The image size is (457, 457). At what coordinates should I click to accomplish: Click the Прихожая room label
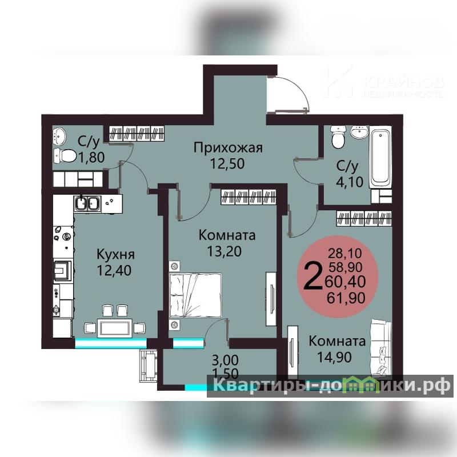click(x=228, y=148)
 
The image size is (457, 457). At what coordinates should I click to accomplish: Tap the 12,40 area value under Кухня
click(x=114, y=270)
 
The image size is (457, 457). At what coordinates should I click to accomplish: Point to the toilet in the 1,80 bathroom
click(x=65, y=155)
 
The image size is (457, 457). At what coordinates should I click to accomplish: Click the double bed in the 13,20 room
click(x=195, y=295)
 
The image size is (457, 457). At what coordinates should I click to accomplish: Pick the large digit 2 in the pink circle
click(x=313, y=275)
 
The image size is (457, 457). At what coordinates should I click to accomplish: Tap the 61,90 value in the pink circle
click(x=346, y=298)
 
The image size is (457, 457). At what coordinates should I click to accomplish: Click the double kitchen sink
click(x=87, y=203)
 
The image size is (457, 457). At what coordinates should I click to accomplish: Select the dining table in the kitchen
click(x=115, y=328)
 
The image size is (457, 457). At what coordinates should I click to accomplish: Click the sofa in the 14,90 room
click(x=380, y=347)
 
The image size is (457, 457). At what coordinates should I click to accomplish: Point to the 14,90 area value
click(x=334, y=357)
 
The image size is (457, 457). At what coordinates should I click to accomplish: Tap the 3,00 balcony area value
click(x=225, y=360)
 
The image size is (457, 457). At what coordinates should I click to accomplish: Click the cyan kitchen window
click(x=111, y=343)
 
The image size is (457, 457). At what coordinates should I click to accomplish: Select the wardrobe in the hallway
click(x=137, y=133)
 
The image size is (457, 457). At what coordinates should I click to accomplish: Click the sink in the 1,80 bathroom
click(x=59, y=136)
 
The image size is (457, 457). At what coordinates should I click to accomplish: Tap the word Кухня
click(x=115, y=254)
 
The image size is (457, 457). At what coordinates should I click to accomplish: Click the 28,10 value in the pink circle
click(x=345, y=253)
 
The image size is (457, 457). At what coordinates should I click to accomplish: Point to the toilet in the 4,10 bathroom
click(x=338, y=137)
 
